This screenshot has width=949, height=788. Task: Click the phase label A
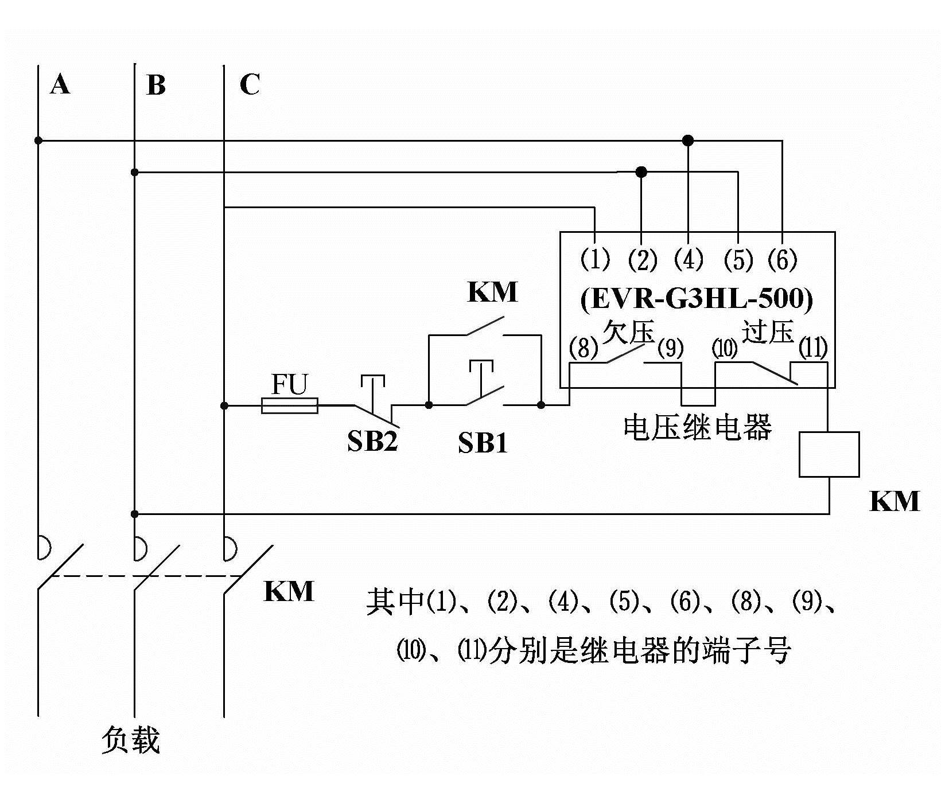60,85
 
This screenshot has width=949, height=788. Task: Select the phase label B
155,85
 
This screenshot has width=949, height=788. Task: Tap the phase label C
250,85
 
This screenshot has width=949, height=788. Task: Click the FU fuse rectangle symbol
289,405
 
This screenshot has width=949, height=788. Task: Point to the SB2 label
372,442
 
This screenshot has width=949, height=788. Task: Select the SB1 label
483,443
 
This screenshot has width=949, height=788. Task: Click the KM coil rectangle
829,454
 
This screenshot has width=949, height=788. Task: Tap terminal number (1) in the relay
595,260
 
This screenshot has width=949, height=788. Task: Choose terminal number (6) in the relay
783,260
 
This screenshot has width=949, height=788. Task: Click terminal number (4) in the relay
689,260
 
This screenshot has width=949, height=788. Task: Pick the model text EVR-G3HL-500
697,299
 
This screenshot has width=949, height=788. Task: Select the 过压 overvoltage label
768,331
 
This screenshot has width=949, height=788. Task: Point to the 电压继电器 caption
697,427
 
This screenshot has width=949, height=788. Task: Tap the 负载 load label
130,740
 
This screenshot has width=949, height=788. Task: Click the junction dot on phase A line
38,140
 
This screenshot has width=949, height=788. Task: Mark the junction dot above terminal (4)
688,140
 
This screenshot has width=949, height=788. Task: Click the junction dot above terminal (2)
641,171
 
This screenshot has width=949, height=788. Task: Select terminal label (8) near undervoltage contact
584,348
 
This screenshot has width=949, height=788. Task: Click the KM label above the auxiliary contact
492,292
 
